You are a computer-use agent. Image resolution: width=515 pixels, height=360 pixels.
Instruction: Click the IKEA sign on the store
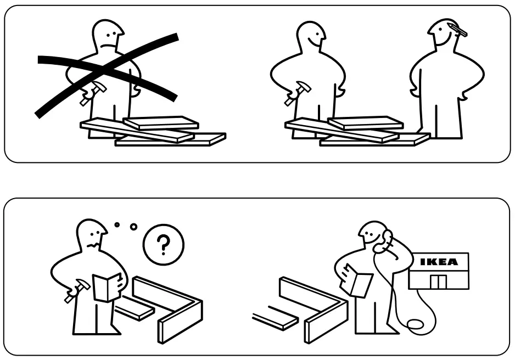point(439,262)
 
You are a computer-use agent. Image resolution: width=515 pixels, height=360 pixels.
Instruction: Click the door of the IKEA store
point(438,282)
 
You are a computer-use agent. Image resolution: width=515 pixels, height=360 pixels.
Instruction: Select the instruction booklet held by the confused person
point(105,287)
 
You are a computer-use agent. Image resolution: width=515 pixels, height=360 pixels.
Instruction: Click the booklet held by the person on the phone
point(356,282)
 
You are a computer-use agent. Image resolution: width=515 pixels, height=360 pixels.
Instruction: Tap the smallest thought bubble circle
point(116,224)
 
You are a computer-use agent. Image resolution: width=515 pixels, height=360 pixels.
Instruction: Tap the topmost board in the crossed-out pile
point(160,122)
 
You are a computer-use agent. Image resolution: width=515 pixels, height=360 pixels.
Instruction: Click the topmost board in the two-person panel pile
point(365,122)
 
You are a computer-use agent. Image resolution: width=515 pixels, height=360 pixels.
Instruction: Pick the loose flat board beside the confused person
point(134,309)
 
